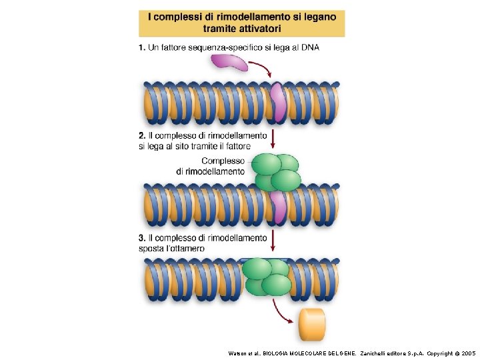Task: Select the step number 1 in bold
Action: click(x=142, y=47)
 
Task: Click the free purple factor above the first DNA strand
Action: click(x=227, y=63)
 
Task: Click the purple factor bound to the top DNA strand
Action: click(x=278, y=103)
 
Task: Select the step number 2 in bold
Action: click(x=142, y=135)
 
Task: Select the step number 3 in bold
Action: click(x=142, y=238)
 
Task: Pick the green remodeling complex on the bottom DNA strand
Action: click(x=267, y=276)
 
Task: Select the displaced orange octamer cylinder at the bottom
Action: click(x=312, y=323)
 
